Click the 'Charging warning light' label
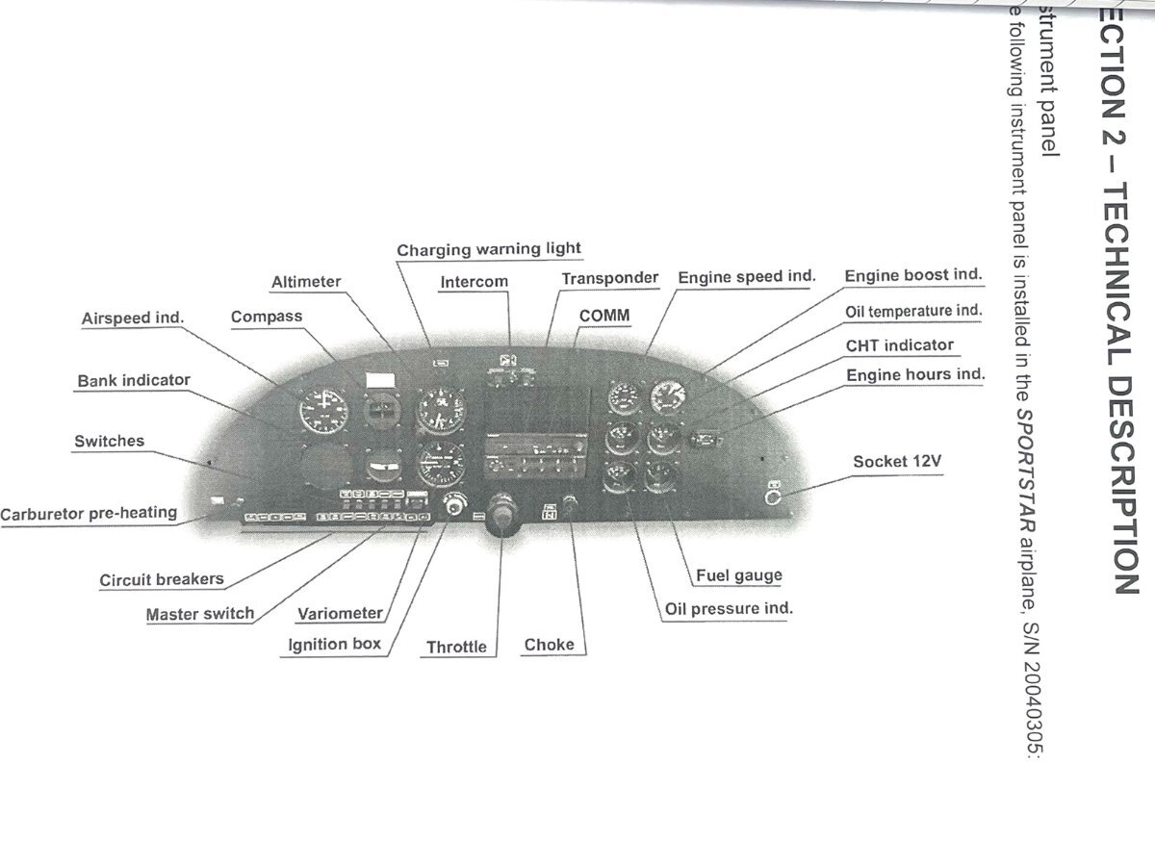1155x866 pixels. (489, 249)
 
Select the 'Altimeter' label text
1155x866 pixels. (306, 282)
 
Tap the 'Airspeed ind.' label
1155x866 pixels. (132, 318)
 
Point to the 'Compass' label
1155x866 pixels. (267, 317)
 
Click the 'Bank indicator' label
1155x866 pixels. (134, 381)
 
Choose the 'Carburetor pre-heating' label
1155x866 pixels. (89, 513)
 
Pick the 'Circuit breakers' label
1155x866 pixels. (162, 580)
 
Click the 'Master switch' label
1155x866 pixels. (200, 614)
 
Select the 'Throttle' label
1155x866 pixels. (456, 647)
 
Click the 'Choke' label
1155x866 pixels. (549, 645)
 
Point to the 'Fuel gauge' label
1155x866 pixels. (739, 576)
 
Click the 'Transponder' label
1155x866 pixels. (610, 278)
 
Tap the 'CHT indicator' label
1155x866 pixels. (900, 345)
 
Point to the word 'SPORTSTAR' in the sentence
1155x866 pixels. (1024, 463)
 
